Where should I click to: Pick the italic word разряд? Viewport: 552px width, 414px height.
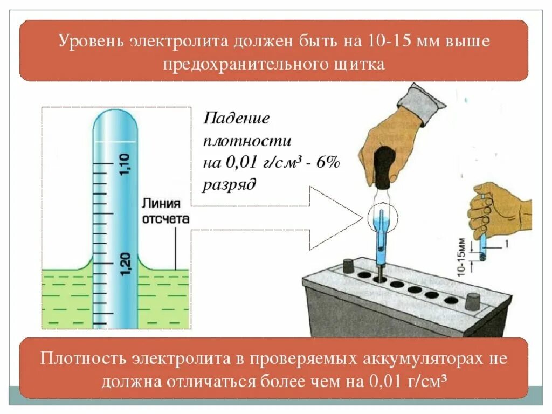(229, 185)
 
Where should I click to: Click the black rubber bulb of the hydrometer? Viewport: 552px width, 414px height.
(384, 167)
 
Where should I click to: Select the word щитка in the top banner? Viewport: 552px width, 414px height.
(363, 64)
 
